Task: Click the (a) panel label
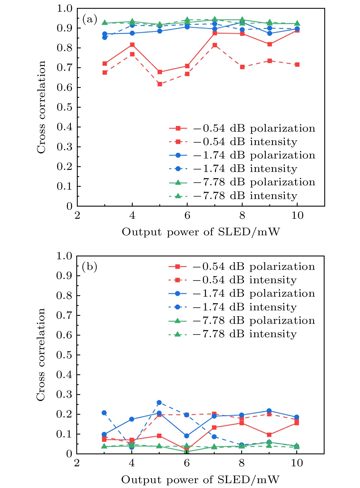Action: tap(90, 20)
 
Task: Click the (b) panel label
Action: tap(89, 267)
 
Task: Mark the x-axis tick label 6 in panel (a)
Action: tap(187, 215)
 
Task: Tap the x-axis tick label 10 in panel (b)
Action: tap(297, 463)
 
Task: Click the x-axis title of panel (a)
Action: tap(201, 232)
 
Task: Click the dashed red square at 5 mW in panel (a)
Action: tap(160, 84)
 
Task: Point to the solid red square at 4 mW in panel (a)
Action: tap(132, 45)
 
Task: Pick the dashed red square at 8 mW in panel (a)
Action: tap(242, 67)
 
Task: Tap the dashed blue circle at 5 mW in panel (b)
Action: tap(159, 403)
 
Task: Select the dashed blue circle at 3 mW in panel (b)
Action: tap(104, 413)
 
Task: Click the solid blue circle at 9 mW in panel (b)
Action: tap(269, 411)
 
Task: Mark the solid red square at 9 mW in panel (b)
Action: tap(269, 435)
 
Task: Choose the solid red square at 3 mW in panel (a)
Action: tap(105, 63)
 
